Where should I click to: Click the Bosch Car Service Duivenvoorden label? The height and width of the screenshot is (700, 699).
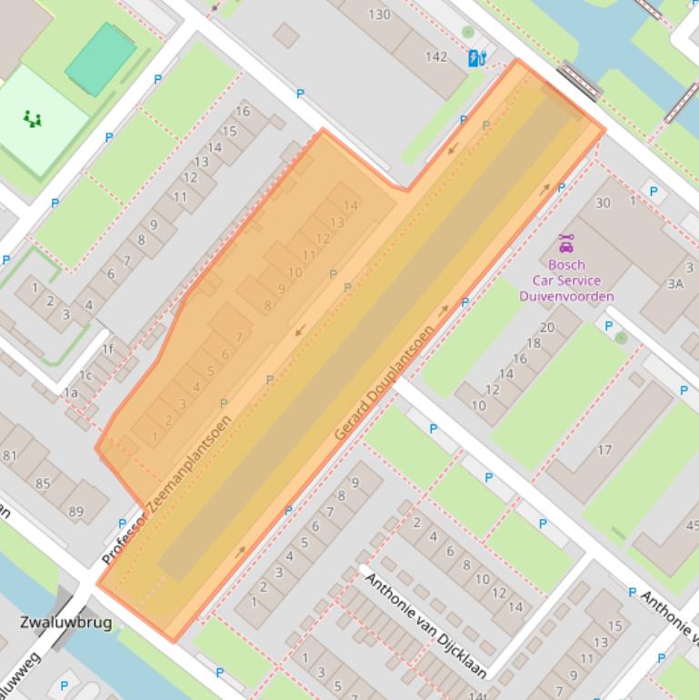pyautogui.click(x=566, y=280)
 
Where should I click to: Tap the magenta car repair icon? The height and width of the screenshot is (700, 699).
pyautogui.click(x=566, y=244)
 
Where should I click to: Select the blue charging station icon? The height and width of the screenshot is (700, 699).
pyautogui.click(x=475, y=59)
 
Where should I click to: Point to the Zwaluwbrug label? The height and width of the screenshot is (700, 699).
pyautogui.click(x=65, y=623)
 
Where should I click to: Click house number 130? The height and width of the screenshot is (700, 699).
pyautogui.click(x=379, y=14)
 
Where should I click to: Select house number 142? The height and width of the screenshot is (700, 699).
pyautogui.click(x=436, y=56)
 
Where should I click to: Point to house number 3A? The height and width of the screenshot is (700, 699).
pyautogui.click(x=674, y=284)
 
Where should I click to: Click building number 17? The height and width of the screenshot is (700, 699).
pyautogui.click(x=604, y=450)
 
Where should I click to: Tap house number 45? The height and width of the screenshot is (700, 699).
pyautogui.click(x=692, y=525)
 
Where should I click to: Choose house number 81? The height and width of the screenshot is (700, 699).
pyautogui.click(x=10, y=455)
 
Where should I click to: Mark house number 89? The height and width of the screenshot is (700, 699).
pyautogui.click(x=75, y=512)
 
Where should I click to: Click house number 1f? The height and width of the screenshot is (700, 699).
pyautogui.click(x=108, y=348)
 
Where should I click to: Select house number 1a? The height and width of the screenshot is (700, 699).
pyautogui.click(x=71, y=393)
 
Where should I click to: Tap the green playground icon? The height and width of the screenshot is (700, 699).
pyautogui.click(x=33, y=119)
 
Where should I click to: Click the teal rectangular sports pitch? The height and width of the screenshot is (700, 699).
pyautogui.click(x=100, y=59)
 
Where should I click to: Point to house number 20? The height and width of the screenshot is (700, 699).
pyautogui.click(x=546, y=328)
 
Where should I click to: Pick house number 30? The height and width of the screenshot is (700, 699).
pyautogui.click(x=603, y=203)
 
